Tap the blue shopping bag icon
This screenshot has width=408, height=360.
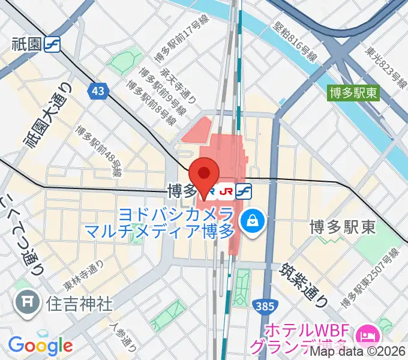[250, 221]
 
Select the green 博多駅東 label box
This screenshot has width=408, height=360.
[354, 93]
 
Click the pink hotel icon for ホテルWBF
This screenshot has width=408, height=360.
[366, 332]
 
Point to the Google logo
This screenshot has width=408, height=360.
[40, 345]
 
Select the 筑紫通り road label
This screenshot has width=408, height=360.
[305, 279]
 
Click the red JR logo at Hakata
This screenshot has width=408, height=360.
[226, 191]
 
